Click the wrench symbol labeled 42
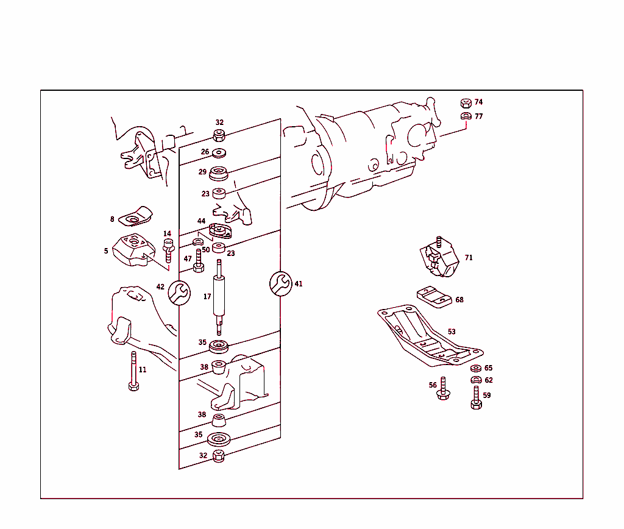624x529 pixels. pos(179,291)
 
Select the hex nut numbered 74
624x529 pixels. pos(464,102)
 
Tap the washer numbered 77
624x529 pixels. pos(464,116)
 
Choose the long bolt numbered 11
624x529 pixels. pos(133,372)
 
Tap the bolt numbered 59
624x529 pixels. pos(477,397)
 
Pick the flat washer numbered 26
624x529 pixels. pos(219,152)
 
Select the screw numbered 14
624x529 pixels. pos(169,250)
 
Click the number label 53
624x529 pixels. pos(452,332)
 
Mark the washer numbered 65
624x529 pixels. pos(475,368)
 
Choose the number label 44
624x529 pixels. pos(201,221)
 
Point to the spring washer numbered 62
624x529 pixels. pos(476,380)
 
